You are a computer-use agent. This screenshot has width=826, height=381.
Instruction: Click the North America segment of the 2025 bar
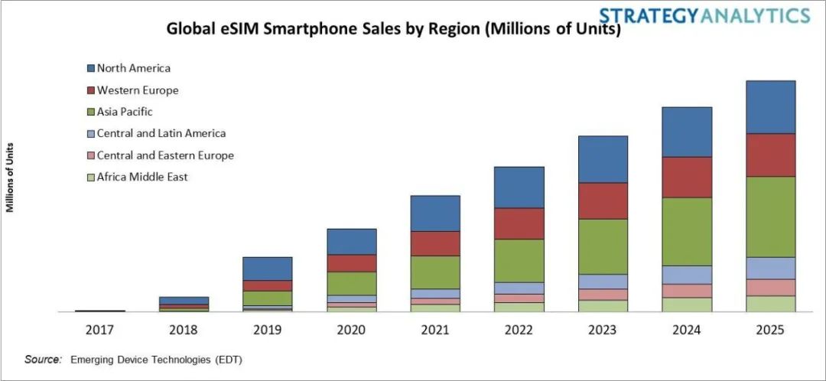point(770,107)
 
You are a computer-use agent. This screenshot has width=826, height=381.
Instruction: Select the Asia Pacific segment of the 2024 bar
point(687,231)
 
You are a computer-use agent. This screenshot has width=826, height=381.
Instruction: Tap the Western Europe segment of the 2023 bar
point(603,200)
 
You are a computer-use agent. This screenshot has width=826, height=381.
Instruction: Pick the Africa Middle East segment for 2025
point(770,303)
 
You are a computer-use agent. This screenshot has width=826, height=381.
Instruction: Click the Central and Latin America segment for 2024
point(687,275)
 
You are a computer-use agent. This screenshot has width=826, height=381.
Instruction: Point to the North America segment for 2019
point(267,269)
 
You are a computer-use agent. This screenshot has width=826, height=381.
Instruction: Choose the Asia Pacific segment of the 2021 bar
point(435,272)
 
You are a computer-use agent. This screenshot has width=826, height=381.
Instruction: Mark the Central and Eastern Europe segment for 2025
point(770,287)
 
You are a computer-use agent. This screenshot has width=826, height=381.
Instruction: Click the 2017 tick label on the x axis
point(99,330)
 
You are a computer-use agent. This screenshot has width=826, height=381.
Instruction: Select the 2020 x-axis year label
point(351,330)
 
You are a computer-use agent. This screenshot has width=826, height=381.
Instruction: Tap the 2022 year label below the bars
point(519,330)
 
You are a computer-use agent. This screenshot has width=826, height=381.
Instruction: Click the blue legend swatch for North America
point(90,68)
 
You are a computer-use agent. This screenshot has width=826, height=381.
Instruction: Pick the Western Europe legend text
point(138,90)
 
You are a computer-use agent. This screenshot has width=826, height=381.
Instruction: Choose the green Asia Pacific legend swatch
point(90,112)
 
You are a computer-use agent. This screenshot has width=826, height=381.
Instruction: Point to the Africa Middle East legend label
point(142,177)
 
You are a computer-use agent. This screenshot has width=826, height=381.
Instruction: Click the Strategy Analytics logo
point(704,15)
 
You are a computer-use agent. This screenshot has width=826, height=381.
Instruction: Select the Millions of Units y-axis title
point(10,177)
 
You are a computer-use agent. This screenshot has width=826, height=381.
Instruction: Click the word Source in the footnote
point(43,359)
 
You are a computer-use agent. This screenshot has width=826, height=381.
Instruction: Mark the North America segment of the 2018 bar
point(184,300)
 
